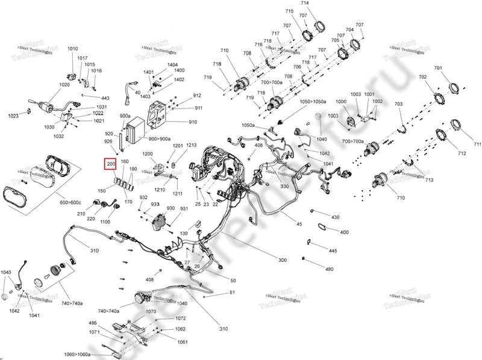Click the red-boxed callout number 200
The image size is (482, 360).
coord(111,163)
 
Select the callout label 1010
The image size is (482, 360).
coord(73,49)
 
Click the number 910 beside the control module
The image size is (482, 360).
coord(193,122)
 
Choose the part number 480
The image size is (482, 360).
coord(329,269)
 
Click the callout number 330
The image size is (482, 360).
coord(285,187)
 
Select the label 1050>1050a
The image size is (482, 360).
coord(313,102)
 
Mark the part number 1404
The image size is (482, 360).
coord(172,64)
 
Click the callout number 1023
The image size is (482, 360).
coord(13,116)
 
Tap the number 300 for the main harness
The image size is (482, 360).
coord(282,260)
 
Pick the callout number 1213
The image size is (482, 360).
coord(192,145)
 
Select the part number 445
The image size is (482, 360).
coord(333,250)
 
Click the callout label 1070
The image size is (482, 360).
coord(151,312)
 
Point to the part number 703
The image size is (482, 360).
coord(398,104)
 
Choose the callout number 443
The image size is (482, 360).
coord(105,98)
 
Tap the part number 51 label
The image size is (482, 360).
coord(232,293)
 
